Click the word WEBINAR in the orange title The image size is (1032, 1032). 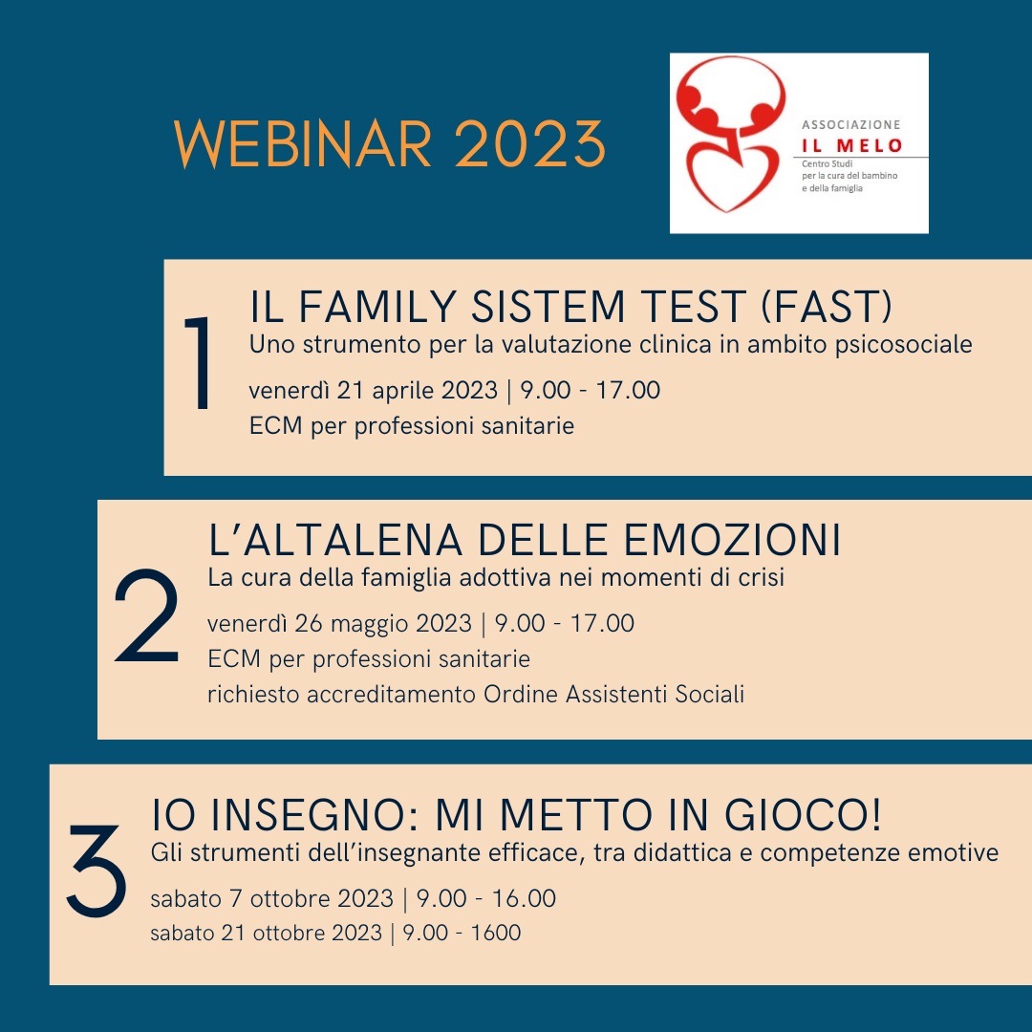pyautogui.click(x=303, y=144)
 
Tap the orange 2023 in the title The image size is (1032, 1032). pyautogui.click(x=529, y=144)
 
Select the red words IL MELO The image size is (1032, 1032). pyautogui.click(x=851, y=145)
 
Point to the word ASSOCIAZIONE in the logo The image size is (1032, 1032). pyautogui.click(x=851, y=124)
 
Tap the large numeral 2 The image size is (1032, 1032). pyautogui.click(x=147, y=615)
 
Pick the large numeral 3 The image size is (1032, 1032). pyautogui.click(x=97, y=871)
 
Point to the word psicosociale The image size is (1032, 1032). pyautogui.click(x=903, y=345)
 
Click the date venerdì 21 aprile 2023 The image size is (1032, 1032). pyautogui.click(x=374, y=390)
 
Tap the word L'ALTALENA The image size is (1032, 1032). pyautogui.click(x=335, y=540)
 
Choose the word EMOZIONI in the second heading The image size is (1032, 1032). pyautogui.click(x=732, y=540)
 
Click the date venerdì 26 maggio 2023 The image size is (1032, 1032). pyautogui.click(x=339, y=623)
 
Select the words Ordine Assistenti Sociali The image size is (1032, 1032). pyautogui.click(x=613, y=694)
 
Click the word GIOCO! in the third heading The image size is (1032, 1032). pyautogui.click(x=803, y=815)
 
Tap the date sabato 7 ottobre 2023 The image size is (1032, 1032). pyautogui.click(x=271, y=898)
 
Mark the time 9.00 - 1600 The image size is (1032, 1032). pyautogui.click(x=462, y=933)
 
